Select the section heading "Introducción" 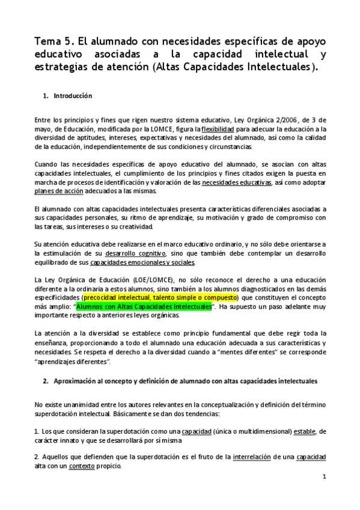[72, 96]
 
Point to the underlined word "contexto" [82, 466]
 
